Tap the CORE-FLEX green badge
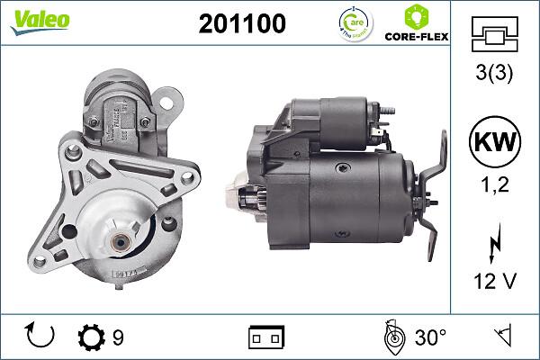(417, 23)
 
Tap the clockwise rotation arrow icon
(41, 337)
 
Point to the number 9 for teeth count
(118, 338)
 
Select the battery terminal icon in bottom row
(266, 338)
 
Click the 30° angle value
(430, 338)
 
